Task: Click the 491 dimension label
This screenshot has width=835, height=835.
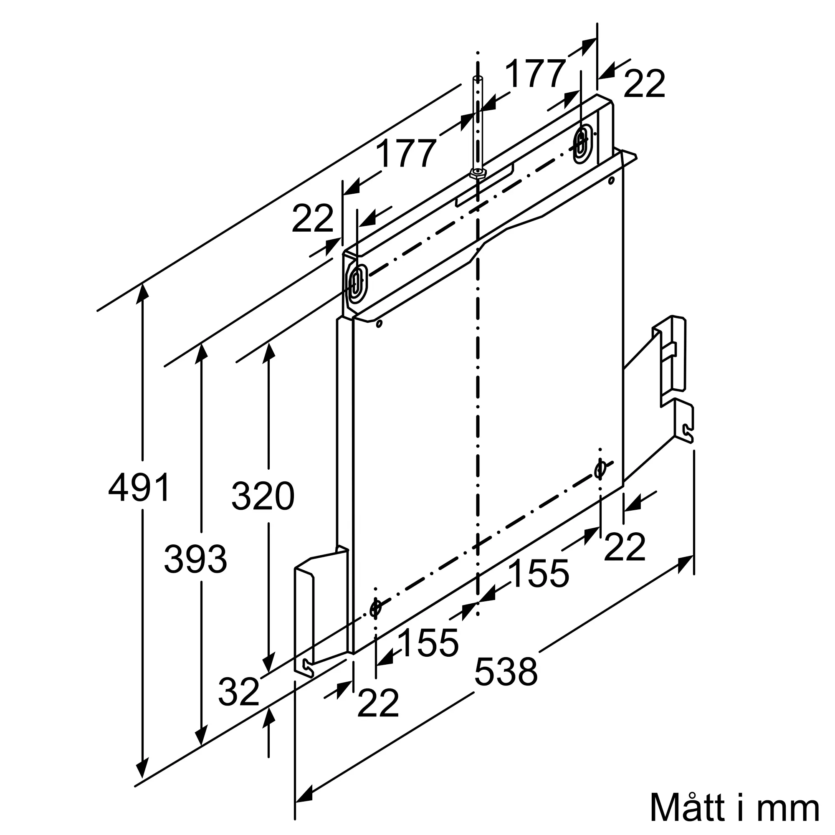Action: [x=139, y=487]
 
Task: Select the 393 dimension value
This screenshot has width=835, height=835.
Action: [x=195, y=559]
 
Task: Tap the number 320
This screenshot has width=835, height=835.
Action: [x=263, y=495]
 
